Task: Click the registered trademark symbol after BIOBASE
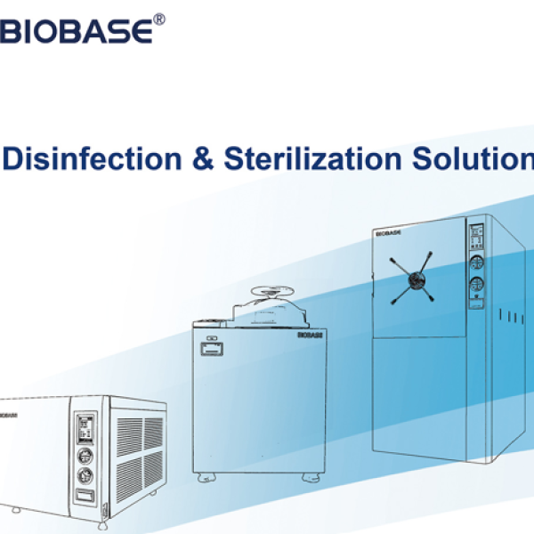[x=159, y=20]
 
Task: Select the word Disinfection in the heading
[x=93, y=158]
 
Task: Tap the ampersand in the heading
[x=203, y=158]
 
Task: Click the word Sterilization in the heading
[x=312, y=158]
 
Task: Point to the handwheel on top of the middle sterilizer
[x=272, y=292]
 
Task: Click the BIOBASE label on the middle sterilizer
[x=310, y=336]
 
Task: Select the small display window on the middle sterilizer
[x=212, y=350]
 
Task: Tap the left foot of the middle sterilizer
[x=206, y=478]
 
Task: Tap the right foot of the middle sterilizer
[x=311, y=478]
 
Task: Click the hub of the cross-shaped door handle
[x=417, y=280]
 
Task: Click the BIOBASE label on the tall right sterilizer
[x=388, y=233]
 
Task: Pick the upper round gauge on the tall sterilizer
[x=477, y=263]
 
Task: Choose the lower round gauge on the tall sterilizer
[x=477, y=285]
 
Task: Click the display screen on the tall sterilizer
[x=476, y=236]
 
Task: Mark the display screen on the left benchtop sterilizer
[x=85, y=429]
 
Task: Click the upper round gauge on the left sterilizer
[x=85, y=457]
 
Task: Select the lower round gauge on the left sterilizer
[x=85, y=476]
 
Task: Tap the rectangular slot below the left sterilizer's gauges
[x=85, y=496]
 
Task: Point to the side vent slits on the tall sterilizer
[x=512, y=317]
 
